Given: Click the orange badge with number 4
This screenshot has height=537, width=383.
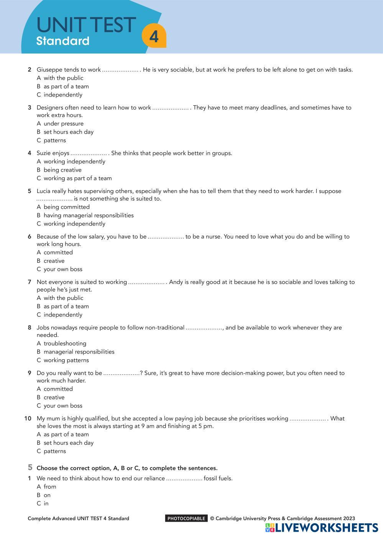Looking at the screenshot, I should tap(154, 37).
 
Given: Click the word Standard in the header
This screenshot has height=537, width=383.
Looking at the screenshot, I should tap(62, 41).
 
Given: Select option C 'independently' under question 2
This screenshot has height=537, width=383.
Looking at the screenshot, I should tap(63, 95).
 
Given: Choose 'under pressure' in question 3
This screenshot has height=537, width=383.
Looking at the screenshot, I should tap(63, 123).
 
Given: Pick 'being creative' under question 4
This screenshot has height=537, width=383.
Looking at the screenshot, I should tap(62, 170).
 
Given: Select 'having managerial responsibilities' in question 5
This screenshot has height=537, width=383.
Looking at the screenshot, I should tap(89, 215).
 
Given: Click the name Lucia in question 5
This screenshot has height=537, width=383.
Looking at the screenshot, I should tap(44, 191).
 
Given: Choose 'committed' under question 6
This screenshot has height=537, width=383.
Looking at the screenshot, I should tap(58, 252).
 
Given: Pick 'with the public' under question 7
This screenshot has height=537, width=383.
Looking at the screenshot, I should tap(63, 298).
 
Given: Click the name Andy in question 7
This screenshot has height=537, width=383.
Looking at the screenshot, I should tap(176, 282).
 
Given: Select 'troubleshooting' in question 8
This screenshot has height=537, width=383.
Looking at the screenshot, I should tap(65, 344).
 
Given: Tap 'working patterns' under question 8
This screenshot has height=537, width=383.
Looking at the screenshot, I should tap(66, 360).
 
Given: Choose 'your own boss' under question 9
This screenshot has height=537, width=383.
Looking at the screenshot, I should tap(63, 406).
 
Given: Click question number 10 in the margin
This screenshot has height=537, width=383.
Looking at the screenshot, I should tap(28, 419).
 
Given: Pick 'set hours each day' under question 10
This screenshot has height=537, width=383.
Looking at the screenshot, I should tap(68, 443).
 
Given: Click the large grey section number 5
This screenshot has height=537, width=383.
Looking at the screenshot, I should tap(30, 467).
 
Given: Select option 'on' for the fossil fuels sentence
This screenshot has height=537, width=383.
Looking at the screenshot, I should tap(47, 495).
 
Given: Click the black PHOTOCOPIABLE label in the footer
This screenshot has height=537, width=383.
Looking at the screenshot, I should tap(186, 519).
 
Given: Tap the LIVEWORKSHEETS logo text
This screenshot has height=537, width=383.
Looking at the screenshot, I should tap(326, 528).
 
